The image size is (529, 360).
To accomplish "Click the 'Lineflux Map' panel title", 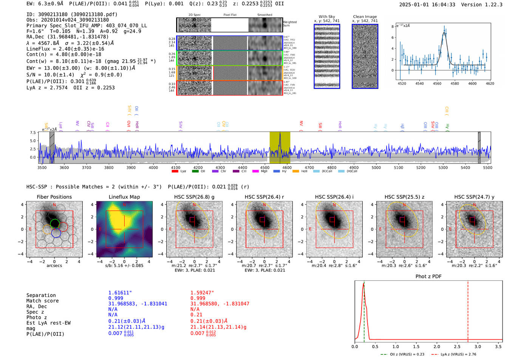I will tap(124, 197).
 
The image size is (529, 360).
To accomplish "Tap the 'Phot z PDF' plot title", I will tap(428, 276).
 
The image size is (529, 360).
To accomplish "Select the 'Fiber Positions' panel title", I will tap(54, 197).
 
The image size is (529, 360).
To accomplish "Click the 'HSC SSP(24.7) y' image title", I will tap(474, 197).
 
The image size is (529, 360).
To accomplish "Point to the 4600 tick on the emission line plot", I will tap(472, 83).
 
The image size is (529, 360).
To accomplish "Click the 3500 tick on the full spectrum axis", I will tap(42, 167).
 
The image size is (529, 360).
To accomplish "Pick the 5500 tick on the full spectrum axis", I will tap(487, 167).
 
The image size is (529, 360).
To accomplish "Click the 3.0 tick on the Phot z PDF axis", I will tap(478, 346).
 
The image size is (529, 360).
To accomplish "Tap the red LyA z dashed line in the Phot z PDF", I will tap(468, 310).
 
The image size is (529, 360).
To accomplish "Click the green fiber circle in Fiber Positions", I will tap(55, 223).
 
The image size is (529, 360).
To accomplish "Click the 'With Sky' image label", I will tap(326, 17).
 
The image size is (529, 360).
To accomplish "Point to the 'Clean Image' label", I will tap(365, 17).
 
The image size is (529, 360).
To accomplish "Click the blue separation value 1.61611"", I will tap(120, 293).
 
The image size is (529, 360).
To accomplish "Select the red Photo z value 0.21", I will tap(196, 315).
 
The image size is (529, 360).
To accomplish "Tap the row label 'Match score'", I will tap(42, 301).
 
